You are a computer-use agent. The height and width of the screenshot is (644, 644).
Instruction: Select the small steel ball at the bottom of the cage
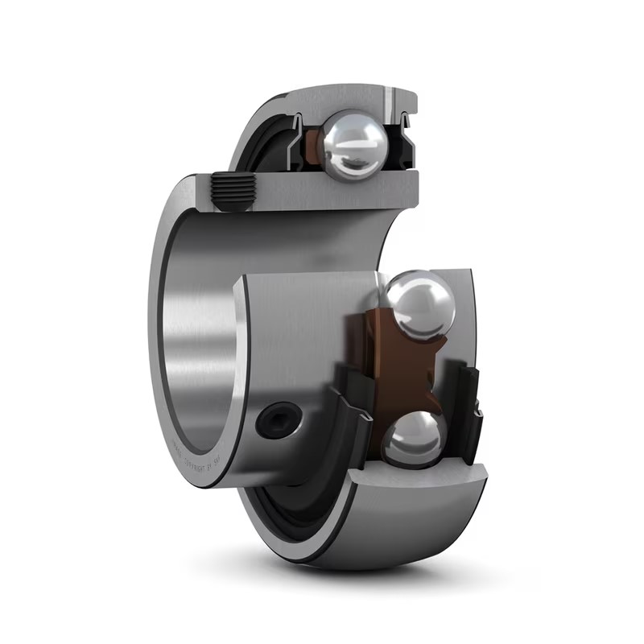click(412, 439)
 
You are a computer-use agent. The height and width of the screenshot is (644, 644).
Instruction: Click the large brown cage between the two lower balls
click(372, 354)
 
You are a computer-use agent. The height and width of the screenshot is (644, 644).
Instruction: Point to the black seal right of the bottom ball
click(467, 411)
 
